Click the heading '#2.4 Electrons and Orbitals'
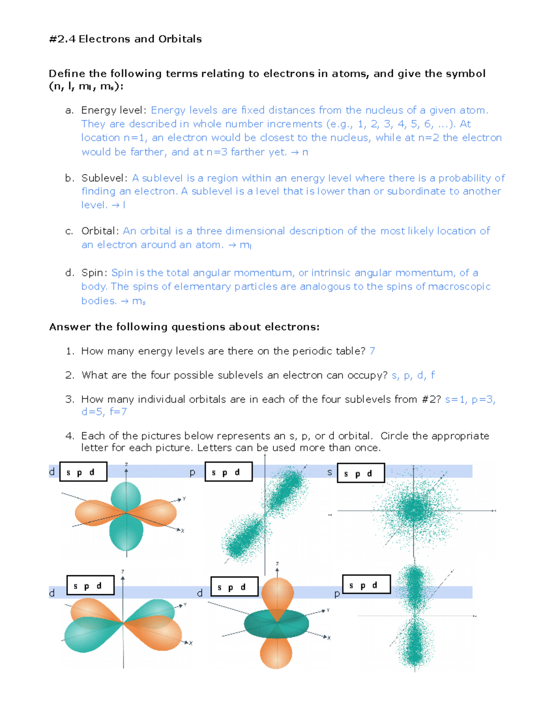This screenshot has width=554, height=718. tap(125, 39)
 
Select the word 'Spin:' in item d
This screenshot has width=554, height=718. tap(95, 273)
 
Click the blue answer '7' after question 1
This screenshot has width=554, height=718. tap(372, 351)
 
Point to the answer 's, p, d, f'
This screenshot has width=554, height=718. tap(413, 375)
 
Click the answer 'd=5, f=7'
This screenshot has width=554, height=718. tap(104, 411)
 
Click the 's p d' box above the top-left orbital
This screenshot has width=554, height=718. tap(83, 472)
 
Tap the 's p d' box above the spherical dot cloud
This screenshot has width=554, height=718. tap(361, 473)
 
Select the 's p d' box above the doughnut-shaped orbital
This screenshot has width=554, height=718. tap(234, 587)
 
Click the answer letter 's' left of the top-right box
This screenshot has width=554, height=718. tap(329, 472)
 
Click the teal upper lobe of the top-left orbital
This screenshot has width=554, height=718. tap(126, 496)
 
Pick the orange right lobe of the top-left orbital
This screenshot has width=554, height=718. tap(157, 512)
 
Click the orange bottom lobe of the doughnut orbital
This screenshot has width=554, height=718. tap(276, 652)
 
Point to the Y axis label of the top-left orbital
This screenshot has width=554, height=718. tap(184, 499)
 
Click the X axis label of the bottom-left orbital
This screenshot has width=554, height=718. tap(190, 643)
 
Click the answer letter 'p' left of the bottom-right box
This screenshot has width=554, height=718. tap(337, 594)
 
